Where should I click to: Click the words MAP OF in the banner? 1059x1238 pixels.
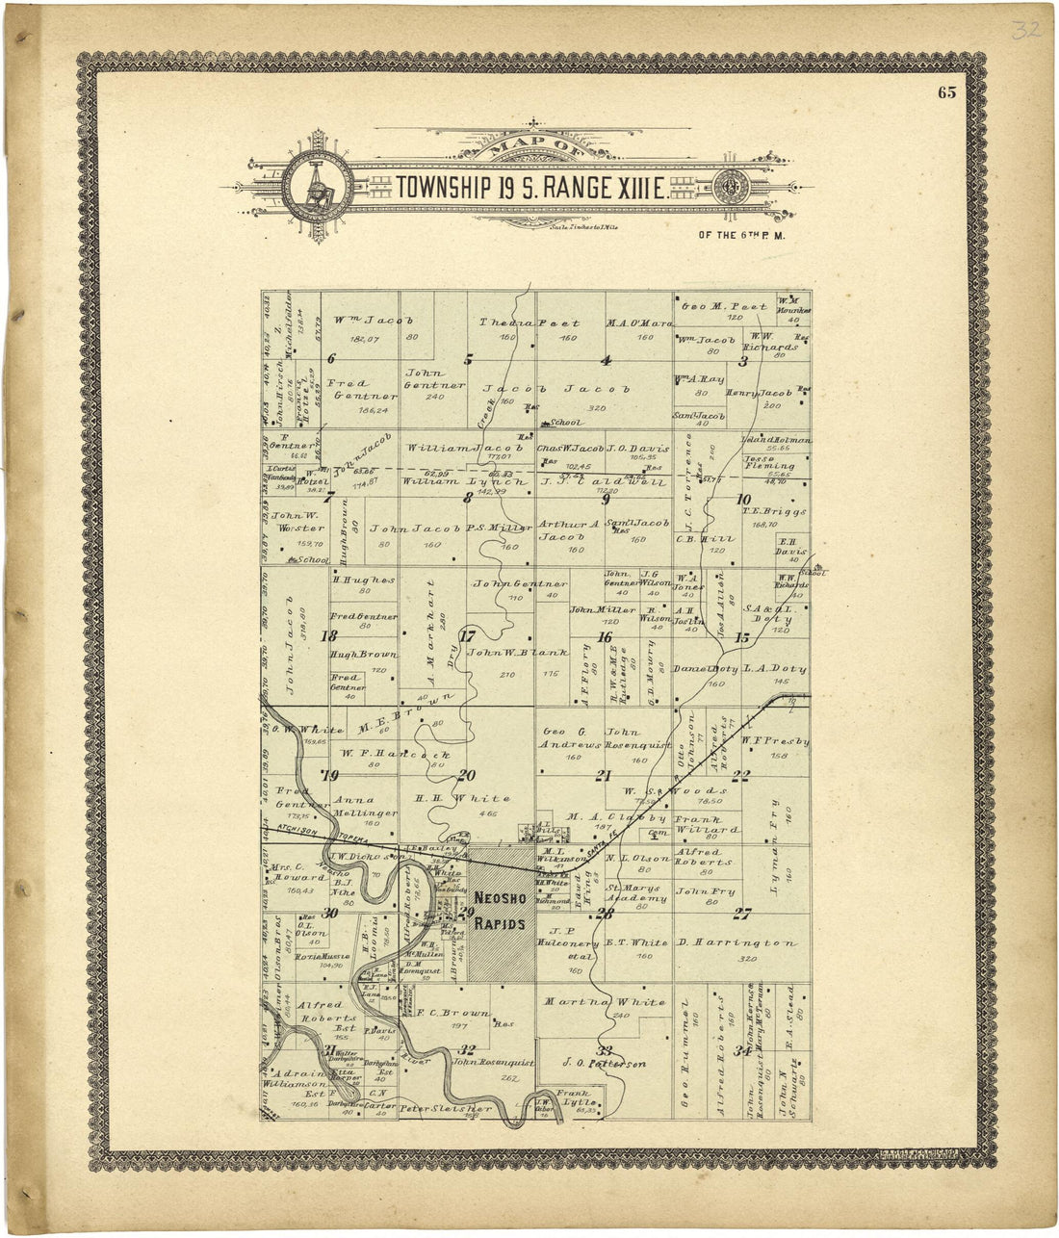(530, 148)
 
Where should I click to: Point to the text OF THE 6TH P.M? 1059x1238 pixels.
(743, 234)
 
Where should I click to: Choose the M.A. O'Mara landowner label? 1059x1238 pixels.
(639, 322)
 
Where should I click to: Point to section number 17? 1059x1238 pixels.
(468, 635)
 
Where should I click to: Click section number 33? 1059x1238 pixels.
(605, 1049)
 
